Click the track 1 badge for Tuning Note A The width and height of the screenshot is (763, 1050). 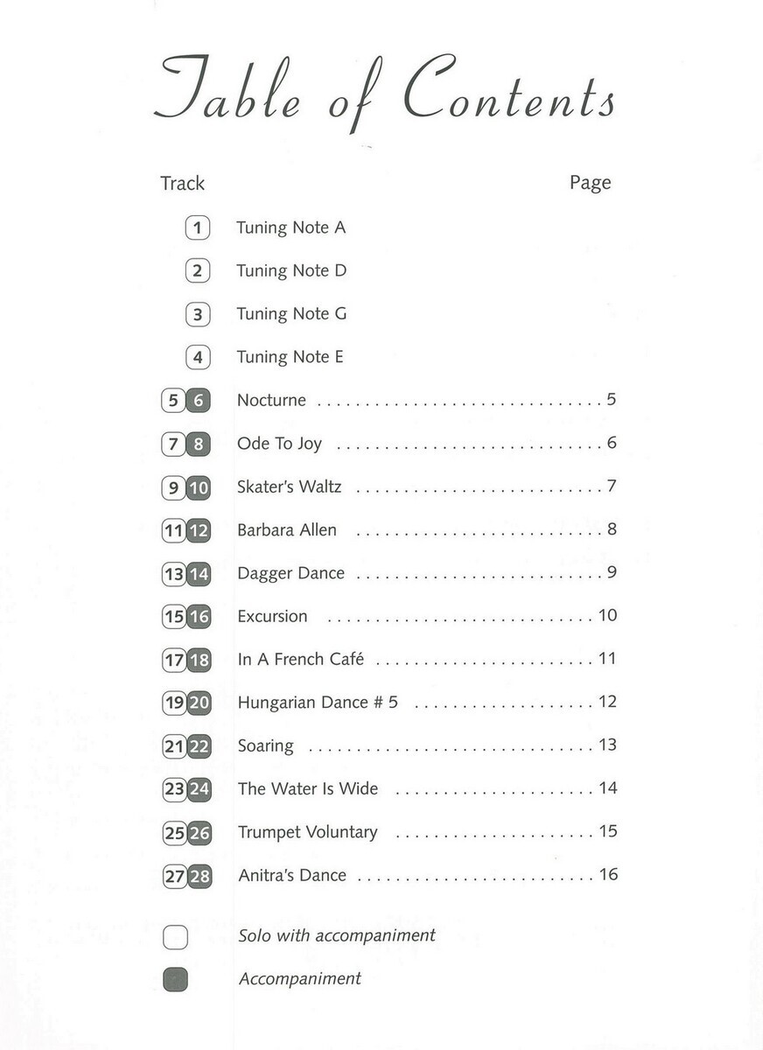pyautogui.click(x=198, y=228)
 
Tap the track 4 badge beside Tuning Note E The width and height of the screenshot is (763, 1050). pyautogui.click(x=198, y=358)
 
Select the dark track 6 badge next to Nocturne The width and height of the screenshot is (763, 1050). pyautogui.click(x=199, y=402)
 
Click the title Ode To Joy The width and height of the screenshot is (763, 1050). pyautogui.click(x=279, y=444)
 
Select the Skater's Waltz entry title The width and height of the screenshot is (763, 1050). pyautogui.click(x=289, y=486)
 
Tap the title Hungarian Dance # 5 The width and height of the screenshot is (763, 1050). pyautogui.click(x=318, y=703)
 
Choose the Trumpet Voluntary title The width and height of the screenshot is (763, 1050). pyautogui.click(x=307, y=832)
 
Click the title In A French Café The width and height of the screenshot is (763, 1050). pyautogui.click(x=300, y=660)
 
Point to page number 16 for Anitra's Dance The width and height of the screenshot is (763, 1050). pyautogui.click(x=608, y=874)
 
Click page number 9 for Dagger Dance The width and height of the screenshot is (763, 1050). pyautogui.click(x=612, y=572)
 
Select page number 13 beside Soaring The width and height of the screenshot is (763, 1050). pyautogui.click(x=608, y=745)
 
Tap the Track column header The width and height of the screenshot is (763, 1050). pyautogui.click(x=182, y=184)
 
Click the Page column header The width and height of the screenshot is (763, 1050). pyautogui.click(x=590, y=183)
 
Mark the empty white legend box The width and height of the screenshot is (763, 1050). pyautogui.click(x=175, y=937)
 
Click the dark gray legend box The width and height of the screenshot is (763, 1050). pyautogui.click(x=175, y=980)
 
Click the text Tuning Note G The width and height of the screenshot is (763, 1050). pyautogui.click(x=291, y=314)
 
